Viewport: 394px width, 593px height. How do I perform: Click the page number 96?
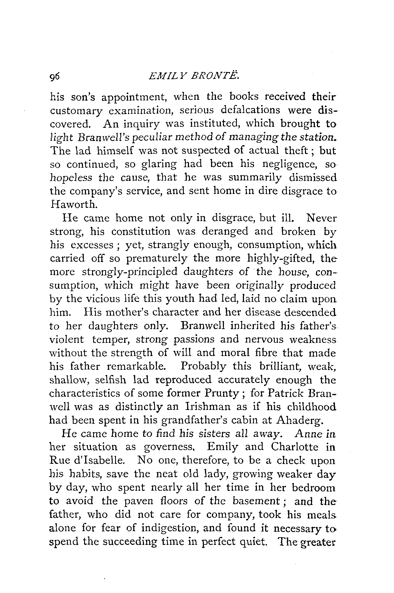pos(55,78)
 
